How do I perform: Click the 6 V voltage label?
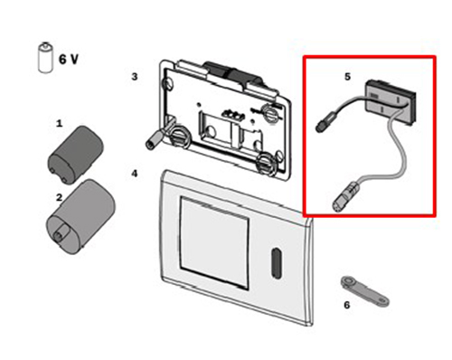coord(69,59)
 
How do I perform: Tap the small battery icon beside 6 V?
coord(45,57)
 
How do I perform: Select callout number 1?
coord(60,123)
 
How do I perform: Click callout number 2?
coord(59,197)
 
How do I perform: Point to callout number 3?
coord(135,77)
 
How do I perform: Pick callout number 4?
coord(135,174)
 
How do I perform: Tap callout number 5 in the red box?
coord(348,77)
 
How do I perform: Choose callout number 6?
coord(347,305)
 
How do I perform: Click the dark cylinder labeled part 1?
coord(75,155)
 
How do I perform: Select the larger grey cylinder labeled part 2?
coord(80,216)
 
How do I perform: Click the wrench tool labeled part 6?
coord(364,291)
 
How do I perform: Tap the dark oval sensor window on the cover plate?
coord(276,262)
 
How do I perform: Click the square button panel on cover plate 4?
coord(214,242)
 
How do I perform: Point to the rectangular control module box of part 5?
coord(391,102)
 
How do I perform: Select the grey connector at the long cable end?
coord(344,196)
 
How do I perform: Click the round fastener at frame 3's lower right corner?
coord(265,164)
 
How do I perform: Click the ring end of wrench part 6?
coord(349,282)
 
